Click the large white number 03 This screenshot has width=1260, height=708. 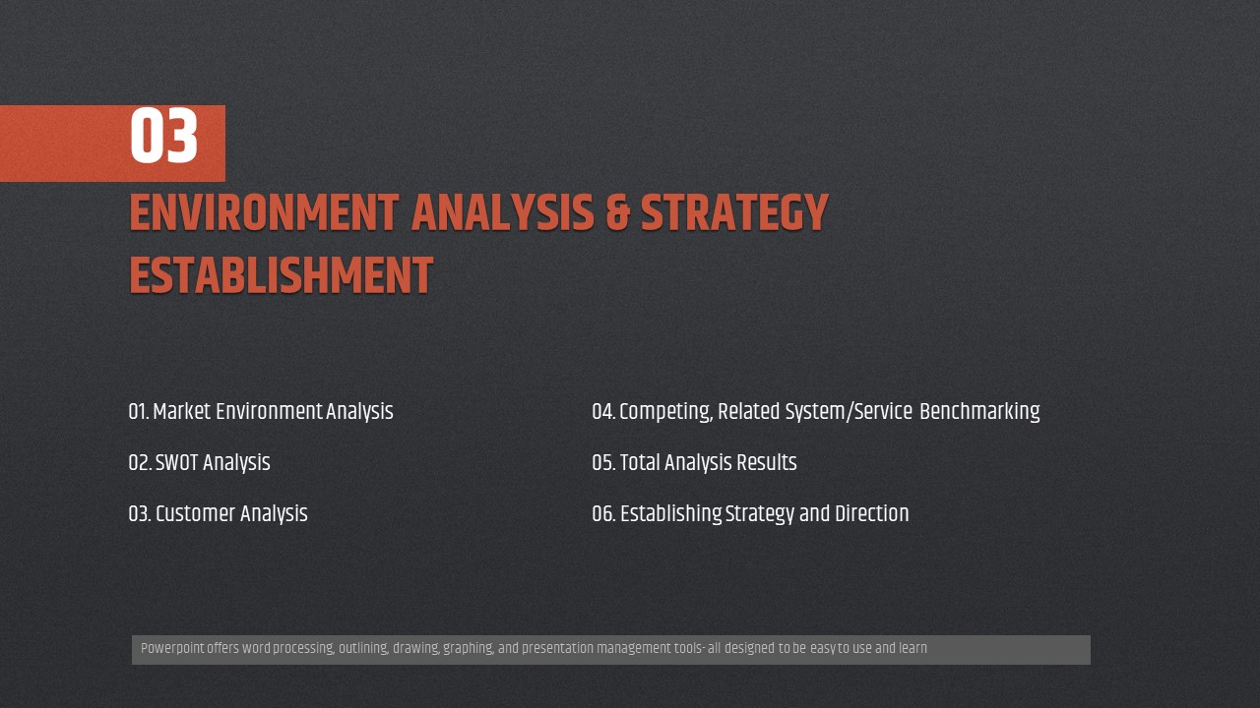coord(163,136)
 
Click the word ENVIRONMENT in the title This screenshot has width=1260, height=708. coord(265,213)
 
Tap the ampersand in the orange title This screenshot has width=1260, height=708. coord(617,213)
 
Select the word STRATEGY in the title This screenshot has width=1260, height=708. coord(734,213)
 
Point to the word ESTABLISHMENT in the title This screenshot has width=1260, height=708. coord(282,276)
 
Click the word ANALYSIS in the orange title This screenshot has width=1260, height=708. coord(503,213)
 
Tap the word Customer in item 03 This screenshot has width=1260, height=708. coord(195,513)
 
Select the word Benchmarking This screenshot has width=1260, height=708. coord(979,412)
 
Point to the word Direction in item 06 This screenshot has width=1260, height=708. coord(872,513)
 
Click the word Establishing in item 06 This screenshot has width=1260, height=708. coord(671,514)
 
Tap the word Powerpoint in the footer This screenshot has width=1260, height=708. coord(172,648)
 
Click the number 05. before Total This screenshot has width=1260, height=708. coord(603,463)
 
